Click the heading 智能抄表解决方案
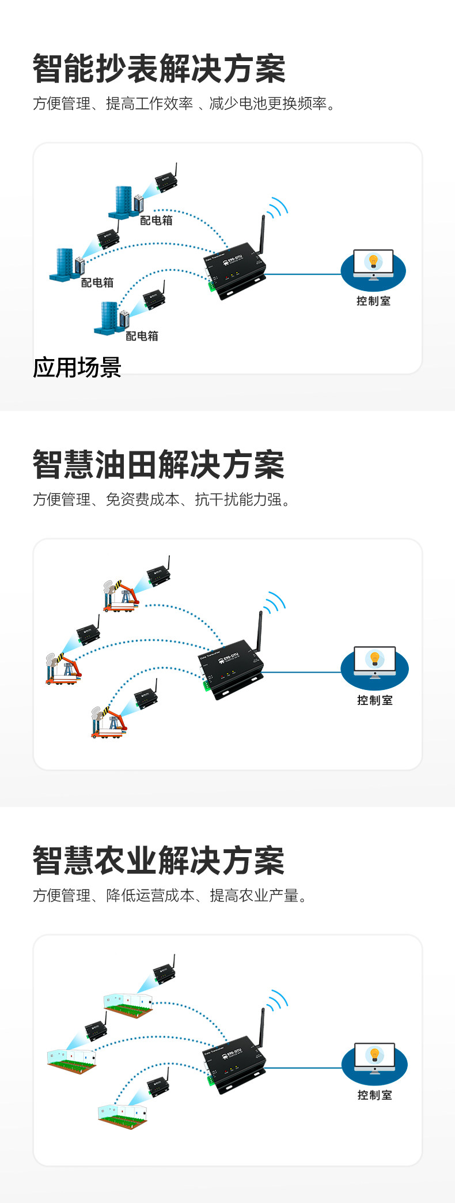[x=159, y=69]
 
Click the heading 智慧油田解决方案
[x=159, y=465]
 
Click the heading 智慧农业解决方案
[x=159, y=861]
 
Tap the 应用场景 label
[x=77, y=367]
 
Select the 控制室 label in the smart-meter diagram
[x=373, y=301]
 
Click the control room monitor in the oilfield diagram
[x=374, y=661]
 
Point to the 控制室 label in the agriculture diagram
[x=374, y=1095]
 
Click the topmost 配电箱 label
[x=156, y=220]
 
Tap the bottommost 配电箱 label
[x=142, y=336]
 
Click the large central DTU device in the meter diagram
[x=235, y=269]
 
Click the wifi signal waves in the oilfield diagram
[x=275, y=603]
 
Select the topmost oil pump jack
[x=121, y=596]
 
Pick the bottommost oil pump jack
[x=108, y=721]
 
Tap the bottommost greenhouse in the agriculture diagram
[x=123, y=1115]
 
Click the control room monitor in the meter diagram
[x=373, y=264]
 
